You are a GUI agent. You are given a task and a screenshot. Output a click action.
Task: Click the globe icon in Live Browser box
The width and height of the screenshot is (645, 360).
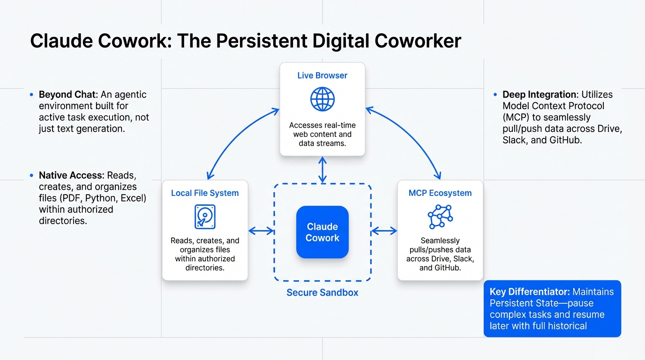(322, 99)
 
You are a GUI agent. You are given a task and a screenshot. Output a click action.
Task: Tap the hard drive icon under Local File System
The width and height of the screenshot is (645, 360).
(205, 217)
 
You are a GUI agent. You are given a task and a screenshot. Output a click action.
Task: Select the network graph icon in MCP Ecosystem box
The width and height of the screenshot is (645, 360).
(440, 217)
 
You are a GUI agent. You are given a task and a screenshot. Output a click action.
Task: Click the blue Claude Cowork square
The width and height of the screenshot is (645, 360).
(322, 232)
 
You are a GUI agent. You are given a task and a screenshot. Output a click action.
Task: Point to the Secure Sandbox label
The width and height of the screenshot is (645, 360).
(322, 292)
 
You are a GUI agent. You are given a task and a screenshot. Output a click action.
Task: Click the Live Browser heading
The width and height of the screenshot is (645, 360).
(322, 75)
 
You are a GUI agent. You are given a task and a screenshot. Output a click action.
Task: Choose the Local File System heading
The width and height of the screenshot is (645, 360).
(205, 193)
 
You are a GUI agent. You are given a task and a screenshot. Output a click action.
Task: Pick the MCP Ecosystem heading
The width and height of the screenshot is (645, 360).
(440, 193)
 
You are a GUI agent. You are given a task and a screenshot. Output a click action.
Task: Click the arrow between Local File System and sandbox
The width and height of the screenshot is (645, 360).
(261, 231)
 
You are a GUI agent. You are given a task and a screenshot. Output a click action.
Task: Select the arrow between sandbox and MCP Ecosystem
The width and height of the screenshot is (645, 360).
(384, 231)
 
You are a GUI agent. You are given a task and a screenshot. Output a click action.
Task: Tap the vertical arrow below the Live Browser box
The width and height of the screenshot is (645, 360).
(322, 170)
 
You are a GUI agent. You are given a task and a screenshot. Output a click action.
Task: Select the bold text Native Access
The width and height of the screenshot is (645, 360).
(71, 175)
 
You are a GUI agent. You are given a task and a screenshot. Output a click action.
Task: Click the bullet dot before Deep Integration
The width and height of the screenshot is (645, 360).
(495, 95)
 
